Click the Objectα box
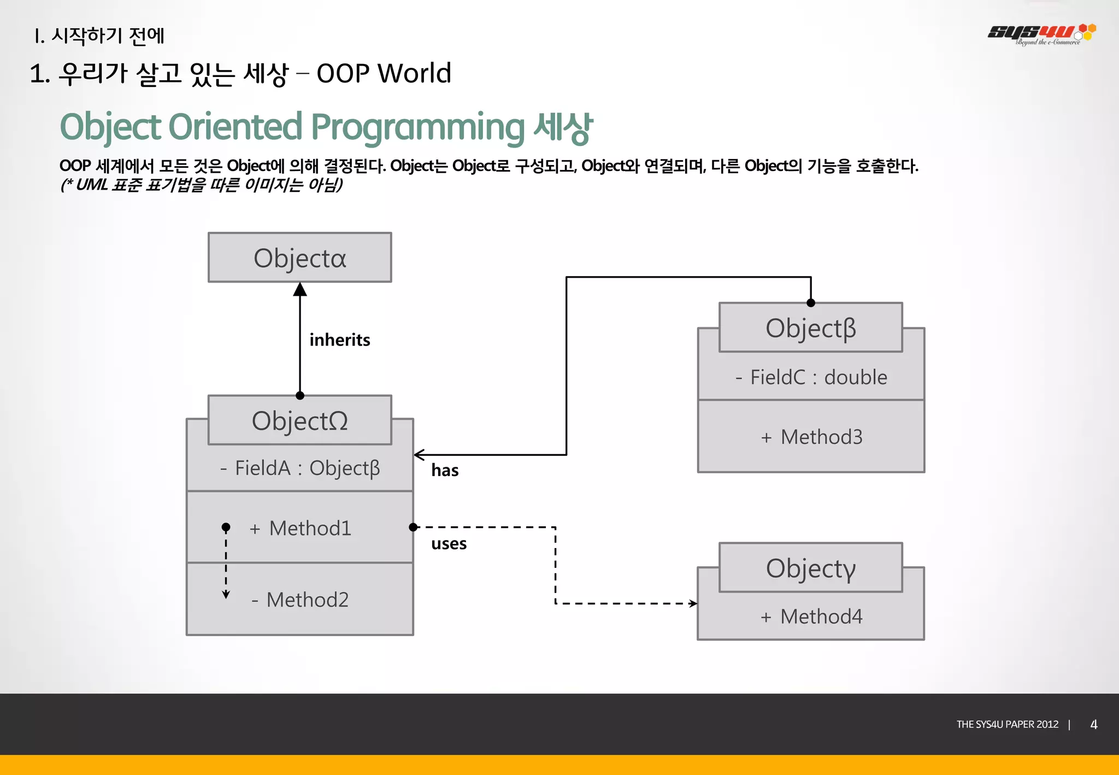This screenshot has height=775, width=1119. tap(299, 257)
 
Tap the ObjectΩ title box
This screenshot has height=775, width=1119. tap(299, 420)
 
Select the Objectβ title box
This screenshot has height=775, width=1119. tap(810, 328)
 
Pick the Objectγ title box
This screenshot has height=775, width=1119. tap(810, 568)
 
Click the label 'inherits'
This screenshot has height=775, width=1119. tap(339, 340)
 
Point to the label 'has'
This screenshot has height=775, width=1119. tap(445, 470)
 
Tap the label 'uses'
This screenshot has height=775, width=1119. tap(449, 544)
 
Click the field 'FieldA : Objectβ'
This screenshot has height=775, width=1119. tap(300, 468)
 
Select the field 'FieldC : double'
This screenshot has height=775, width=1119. tap(811, 377)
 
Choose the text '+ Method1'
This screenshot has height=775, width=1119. tap(300, 528)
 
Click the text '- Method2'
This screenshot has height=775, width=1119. tap(300, 600)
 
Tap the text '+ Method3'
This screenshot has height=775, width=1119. tap(811, 437)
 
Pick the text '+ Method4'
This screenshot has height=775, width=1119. tap(811, 617)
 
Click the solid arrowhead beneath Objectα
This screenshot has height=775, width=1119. tap(299, 290)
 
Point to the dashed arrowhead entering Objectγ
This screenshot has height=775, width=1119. tap(693, 603)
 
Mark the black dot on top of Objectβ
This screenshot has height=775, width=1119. tap(811, 303)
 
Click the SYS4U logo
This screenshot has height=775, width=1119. tap(1041, 34)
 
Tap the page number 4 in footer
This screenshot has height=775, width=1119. tap(1093, 724)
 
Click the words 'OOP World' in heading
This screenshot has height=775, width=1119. tap(384, 73)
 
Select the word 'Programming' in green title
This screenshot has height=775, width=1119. tap(417, 127)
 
